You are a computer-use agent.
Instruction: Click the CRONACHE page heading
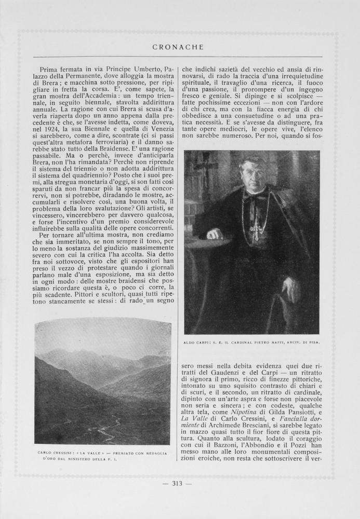tap(178, 47)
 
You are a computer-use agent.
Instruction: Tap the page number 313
tap(177, 484)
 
